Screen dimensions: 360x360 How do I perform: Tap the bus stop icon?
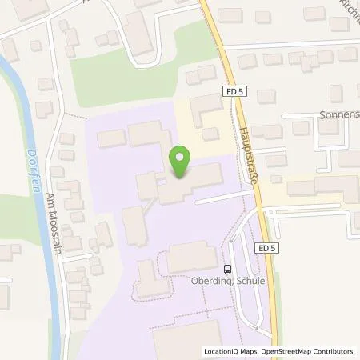tap(228, 269)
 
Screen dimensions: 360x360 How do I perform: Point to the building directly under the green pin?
tap(192, 186)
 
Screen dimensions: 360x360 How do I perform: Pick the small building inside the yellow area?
tap(210, 133)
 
